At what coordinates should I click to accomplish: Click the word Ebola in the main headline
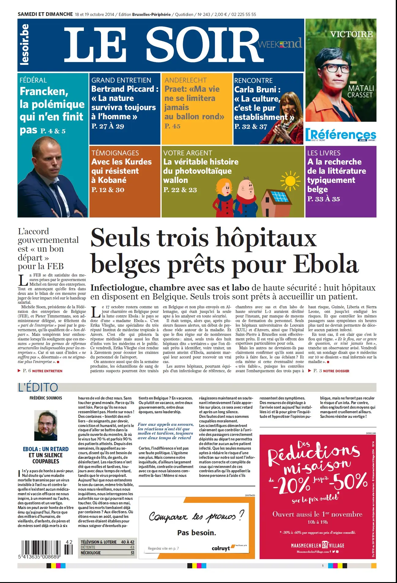[x=326, y=264]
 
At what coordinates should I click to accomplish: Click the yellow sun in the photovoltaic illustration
[x=289, y=181]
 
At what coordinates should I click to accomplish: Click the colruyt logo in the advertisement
[x=221, y=548]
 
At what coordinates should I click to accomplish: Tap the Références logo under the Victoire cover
[x=341, y=135]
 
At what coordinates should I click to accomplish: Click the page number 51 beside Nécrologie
[x=132, y=553]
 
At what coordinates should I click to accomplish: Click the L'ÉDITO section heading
[x=38, y=387]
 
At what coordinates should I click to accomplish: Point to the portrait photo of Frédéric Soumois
[x=46, y=425]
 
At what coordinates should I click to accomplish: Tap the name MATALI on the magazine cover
[x=361, y=88]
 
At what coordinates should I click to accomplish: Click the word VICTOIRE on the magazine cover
[x=351, y=34]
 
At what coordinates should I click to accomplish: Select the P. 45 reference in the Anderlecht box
[x=172, y=126]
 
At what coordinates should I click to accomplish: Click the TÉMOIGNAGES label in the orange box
[x=115, y=153]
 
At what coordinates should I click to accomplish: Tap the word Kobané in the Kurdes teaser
[x=112, y=180]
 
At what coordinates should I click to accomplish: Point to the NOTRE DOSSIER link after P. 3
[x=336, y=371]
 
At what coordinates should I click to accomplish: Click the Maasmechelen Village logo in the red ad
[x=317, y=545]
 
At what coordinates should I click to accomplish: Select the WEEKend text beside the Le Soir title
[x=280, y=44]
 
